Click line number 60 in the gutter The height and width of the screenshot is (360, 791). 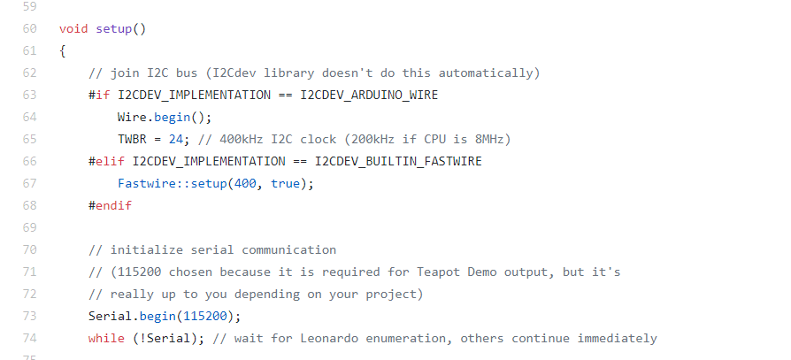click(29, 28)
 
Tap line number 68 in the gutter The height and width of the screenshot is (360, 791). click(29, 205)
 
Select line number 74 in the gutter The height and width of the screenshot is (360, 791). click(29, 338)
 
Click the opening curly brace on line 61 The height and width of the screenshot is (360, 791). click(63, 50)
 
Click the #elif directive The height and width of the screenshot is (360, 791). click(106, 161)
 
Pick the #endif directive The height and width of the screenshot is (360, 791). click(110, 205)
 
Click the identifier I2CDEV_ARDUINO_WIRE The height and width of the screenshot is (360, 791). click(369, 95)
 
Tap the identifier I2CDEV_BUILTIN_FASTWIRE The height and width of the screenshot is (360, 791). click(398, 161)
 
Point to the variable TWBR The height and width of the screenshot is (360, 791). click(132, 139)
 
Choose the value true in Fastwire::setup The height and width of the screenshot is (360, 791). click(285, 183)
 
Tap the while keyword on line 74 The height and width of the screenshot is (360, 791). click(106, 338)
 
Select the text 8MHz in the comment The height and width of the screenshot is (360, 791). click(489, 139)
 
